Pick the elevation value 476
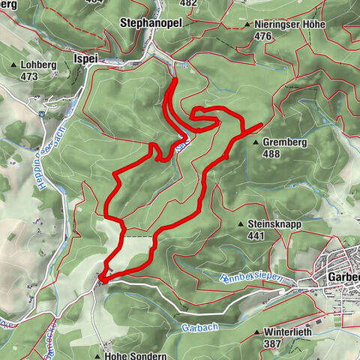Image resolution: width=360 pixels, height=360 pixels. (262, 36)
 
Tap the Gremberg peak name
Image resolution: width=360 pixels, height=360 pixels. (286, 141)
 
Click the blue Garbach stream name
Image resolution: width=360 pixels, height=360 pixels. (194, 327)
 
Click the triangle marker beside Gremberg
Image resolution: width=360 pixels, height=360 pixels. (256, 142)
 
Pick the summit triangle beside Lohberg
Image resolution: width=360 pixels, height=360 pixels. (15, 65)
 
